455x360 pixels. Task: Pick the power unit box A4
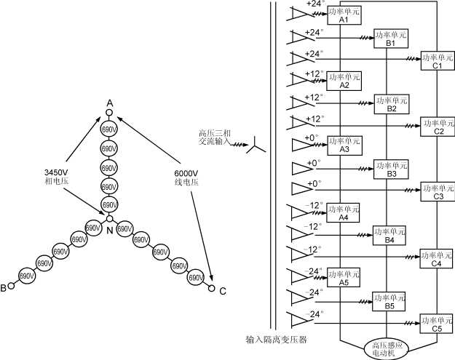coord(344,213)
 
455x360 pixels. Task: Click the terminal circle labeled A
coord(109,113)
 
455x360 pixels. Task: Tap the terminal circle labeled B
coord(12,287)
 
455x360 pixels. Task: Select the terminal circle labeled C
coord(212,288)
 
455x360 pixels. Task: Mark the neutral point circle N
coord(109,218)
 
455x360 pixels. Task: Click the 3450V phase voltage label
coord(56,177)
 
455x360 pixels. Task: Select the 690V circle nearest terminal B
coord(27,276)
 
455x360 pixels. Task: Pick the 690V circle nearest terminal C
coord(195,276)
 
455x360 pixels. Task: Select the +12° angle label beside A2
coord(314,74)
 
